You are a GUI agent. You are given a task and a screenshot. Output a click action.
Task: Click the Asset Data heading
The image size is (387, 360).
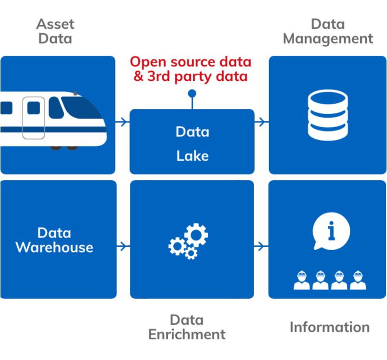pyautogui.click(x=55, y=31)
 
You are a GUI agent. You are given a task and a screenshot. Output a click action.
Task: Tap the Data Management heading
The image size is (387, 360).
pyautogui.click(x=328, y=31)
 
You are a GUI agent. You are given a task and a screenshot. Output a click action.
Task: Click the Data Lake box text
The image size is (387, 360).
pyautogui.click(x=192, y=143)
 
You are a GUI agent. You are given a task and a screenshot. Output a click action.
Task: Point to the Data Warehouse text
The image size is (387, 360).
pyautogui.click(x=54, y=240)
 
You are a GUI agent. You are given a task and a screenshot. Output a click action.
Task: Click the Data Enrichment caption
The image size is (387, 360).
pyautogui.click(x=187, y=327)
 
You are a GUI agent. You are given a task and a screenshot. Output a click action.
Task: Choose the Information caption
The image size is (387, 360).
pyautogui.click(x=330, y=327)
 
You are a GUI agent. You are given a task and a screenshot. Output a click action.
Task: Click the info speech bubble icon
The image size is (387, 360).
pyautogui.click(x=331, y=231)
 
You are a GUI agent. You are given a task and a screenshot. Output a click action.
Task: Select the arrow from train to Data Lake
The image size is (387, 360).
pyautogui.click(x=122, y=122)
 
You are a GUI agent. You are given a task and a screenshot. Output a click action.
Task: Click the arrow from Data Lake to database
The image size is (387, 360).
pyautogui.click(x=261, y=122)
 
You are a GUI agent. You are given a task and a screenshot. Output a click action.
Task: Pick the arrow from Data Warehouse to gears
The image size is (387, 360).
pyautogui.click(x=123, y=246)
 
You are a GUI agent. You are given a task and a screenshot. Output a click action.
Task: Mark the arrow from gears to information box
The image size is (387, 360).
pyautogui.click(x=261, y=246)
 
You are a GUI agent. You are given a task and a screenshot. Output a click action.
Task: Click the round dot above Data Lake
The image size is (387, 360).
pyautogui.click(x=192, y=93)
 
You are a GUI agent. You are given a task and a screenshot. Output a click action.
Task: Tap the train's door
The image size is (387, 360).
pyautogui.click(x=34, y=118)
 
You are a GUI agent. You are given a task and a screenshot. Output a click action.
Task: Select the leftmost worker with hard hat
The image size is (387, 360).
pyautogui.click(x=302, y=280)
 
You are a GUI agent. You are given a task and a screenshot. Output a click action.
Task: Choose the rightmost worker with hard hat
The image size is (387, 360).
pyautogui.click(x=358, y=280)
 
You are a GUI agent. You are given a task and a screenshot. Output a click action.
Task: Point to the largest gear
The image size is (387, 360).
pyautogui.click(x=196, y=235)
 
